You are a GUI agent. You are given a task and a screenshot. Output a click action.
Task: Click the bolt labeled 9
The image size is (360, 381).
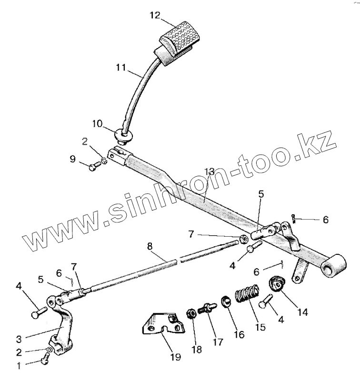96,165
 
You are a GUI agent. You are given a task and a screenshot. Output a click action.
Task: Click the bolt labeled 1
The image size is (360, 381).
45,361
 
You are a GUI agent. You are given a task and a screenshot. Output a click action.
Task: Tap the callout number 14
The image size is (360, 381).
302,312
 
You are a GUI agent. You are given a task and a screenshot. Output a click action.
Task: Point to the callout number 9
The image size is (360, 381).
73,159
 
